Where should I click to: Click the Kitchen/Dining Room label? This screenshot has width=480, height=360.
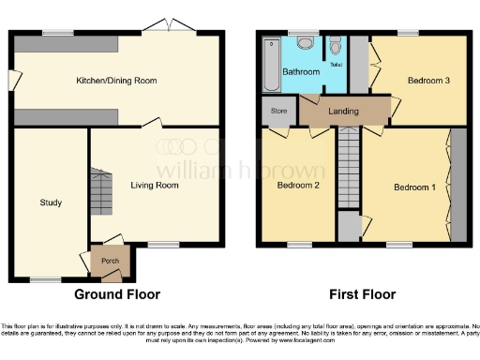pyautogui.click(x=116, y=81)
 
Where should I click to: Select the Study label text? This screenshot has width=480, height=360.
pyautogui.click(x=51, y=202)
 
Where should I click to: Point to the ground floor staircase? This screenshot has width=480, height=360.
pyautogui.click(x=100, y=191)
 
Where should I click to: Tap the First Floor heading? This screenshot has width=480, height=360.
pyautogui.click(x=364, y=293)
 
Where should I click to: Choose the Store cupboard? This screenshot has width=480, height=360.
pyautogui.click(x=277, y=110)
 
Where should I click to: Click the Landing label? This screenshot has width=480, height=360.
pyautogui.click(x=342, y=111)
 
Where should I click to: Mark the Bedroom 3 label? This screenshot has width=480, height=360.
pyautogui.click(x=429, y=82)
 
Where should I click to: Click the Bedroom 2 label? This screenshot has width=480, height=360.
pyautogui.click(x=297, y=186)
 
